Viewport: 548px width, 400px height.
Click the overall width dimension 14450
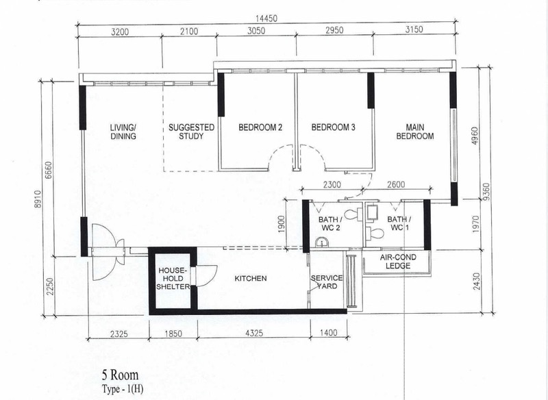(x=266, y=19)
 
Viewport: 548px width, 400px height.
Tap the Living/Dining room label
(x=123, y=132)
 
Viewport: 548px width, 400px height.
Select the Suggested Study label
(x=191, y=132)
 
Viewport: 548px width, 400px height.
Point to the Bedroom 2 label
(x=260, y=127)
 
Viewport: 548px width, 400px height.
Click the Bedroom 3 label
(x=333, y=127)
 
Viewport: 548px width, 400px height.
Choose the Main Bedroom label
(x=415, y=132)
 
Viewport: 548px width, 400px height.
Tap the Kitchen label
(x=250, y=279)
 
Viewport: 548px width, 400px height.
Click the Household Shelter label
(x=173, y=279)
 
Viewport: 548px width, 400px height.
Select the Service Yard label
(x=327, y=282)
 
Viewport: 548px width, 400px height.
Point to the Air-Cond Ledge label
(x=398, y=262)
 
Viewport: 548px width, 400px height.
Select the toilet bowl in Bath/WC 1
(x=373, y=233)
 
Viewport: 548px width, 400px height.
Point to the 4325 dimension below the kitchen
(x=254, y=333)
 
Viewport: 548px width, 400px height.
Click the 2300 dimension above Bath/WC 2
(x=332, y=184)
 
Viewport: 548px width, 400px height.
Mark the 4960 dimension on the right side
(x=474, y=136)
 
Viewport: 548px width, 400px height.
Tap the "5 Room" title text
(x=121, y=375)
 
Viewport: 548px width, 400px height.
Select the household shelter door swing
(x=206, y=276)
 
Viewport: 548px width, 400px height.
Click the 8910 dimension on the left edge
(x=38, y=199)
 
